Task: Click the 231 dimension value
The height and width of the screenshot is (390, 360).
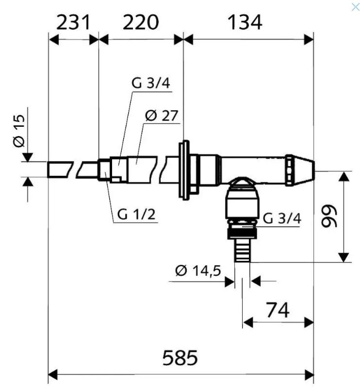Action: click(x=73, y=22)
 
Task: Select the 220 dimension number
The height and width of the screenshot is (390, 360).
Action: click(x=141, y=22)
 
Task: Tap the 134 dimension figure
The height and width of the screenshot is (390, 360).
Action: click(x=245, y=22)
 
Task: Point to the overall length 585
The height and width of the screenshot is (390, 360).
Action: click(x=180, y=357)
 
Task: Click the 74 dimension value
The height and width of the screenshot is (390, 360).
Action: click(x=278, y=310)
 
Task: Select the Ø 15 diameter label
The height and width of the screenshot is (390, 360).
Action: click(x=19, y=131)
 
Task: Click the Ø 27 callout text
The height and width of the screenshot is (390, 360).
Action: click(x=162, y=116)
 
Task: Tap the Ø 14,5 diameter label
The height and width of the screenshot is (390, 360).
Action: click(x=198, y=271)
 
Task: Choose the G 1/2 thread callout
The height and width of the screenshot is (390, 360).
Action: click(x=136, y=214)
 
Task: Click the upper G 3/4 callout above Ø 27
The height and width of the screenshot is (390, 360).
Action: click(x=151, y=83)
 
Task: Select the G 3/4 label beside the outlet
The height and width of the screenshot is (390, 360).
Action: click(x=282, y=218)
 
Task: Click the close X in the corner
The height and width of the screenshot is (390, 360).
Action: click(x=356, y=7)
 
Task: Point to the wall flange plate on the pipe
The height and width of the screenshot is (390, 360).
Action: click(x=184, y=170)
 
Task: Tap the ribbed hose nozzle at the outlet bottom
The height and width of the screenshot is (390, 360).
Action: click(x=242, y=250)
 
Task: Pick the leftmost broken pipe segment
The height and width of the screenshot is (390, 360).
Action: click(x=60, y=169)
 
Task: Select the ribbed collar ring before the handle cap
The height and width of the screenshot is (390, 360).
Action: click(x=290, y=170)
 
